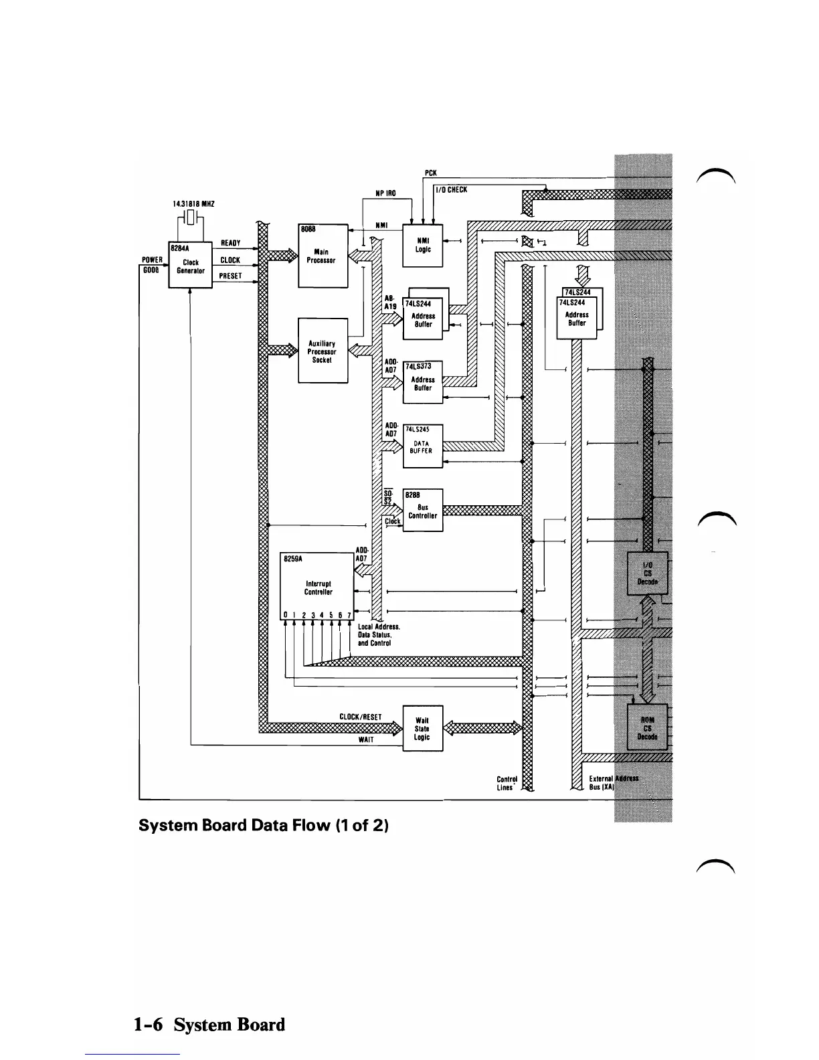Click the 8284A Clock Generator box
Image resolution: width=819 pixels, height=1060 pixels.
[x=190, y=264]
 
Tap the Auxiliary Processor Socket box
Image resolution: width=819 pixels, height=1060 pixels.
[x=323, y=351]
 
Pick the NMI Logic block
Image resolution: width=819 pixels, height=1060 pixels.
[x=422, y=245]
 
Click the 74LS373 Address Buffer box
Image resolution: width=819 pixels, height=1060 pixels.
[x=422, y=382]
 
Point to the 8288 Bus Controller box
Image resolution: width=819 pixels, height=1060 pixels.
[x=422, y=511]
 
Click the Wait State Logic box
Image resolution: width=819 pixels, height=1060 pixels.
[x=422, y=728]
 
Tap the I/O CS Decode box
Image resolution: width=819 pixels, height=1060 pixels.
[x=647, y=573]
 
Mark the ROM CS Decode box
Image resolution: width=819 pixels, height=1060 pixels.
[x=647, y=727]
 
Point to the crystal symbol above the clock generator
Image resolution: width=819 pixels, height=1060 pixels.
[x=191, y=218]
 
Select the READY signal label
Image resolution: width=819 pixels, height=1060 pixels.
[x=230, y=244]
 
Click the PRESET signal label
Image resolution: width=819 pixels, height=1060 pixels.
[x=230, y=276]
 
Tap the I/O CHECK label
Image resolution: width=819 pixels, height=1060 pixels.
[x=452, y=190]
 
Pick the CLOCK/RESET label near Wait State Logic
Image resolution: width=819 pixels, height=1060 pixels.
[x=361, y=717]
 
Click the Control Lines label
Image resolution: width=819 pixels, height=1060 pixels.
[x=507, y=783]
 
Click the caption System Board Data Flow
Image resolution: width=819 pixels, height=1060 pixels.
[x=264, y=825]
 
